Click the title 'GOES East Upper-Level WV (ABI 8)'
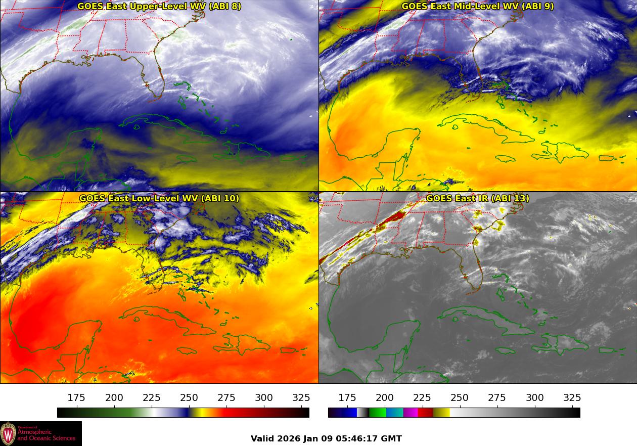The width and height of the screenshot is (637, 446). point(159,7)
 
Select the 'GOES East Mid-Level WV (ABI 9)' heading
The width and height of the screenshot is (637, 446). point(477,7)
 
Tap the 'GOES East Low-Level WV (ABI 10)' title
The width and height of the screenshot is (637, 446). point(159,198)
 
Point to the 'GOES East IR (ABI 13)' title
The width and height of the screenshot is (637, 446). point(477,198)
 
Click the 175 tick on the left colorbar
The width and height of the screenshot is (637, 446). point(76,398)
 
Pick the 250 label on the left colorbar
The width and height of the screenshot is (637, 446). point(189,398)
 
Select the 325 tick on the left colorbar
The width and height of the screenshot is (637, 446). point(301,398)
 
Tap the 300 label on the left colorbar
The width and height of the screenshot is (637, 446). point(264,398)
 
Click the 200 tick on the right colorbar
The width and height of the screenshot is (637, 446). point(385,398)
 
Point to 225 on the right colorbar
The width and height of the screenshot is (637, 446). point(422,398)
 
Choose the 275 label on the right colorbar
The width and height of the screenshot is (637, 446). point(497,398)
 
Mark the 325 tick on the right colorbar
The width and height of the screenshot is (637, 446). point(572,398)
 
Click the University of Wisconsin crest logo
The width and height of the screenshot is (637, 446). point(8,433)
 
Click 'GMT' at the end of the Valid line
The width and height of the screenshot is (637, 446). point(393,438)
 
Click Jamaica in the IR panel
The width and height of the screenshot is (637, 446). point(506,350)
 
